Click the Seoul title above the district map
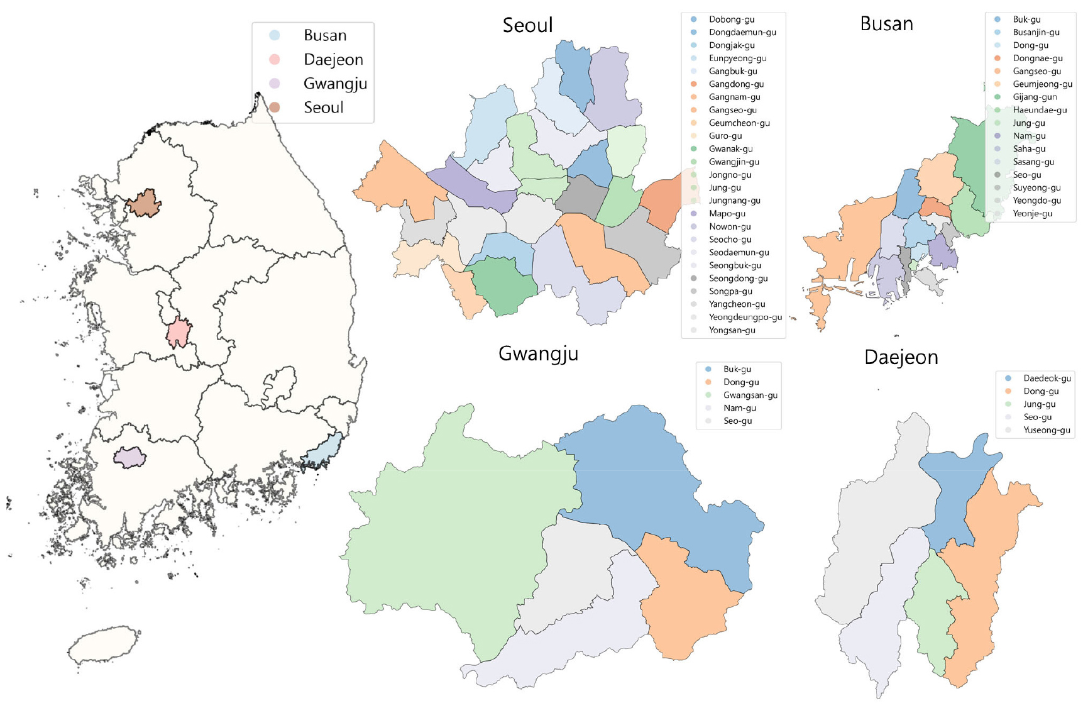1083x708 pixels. point(527,25)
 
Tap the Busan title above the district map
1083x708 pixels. point(886,24)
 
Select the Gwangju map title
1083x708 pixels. point(538,354)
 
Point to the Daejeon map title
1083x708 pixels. point(901,357)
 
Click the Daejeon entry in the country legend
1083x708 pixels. point(333,60)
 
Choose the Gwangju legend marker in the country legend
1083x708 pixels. point(275,84)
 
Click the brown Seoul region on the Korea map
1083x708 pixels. point(144,204)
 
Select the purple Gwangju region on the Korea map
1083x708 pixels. point(129,458)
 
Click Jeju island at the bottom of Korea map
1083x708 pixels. point(104,644)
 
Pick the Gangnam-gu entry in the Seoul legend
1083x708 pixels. point(734,97)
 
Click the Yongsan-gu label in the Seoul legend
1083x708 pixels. point(732,330)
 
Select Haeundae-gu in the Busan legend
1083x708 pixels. point(1040,110)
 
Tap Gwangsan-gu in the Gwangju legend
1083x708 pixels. point(750,395)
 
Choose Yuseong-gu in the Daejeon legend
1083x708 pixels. point(1046,430)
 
